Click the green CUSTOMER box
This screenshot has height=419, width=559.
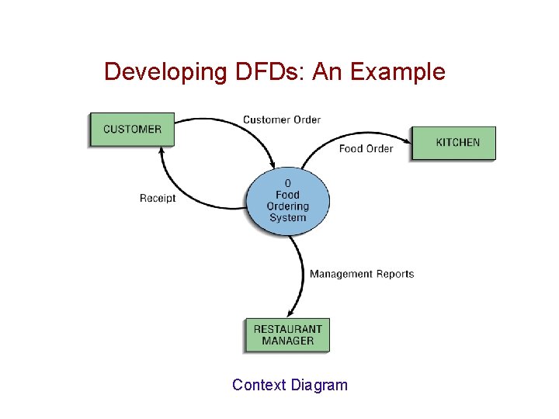pos(132,130)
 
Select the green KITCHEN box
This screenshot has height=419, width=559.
pos(453,143)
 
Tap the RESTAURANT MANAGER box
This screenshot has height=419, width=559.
pos(287,335)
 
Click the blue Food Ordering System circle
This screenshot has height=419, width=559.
pos(288,201)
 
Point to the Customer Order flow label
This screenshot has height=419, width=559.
pos(282,119)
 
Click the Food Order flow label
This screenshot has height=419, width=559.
pos(366,148)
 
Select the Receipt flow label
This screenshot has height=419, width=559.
pos(158,198)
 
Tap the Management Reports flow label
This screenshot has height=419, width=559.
pos(362,274)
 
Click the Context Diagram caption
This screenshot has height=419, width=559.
pos(290,385)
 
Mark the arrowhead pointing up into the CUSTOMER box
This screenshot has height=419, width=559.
pos(161,151)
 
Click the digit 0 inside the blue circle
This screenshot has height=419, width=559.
pos(288,185)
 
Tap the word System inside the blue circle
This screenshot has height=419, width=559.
pos(288,217)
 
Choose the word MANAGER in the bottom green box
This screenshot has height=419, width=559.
pos(288,341)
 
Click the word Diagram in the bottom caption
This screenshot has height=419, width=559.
pos(320,385)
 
